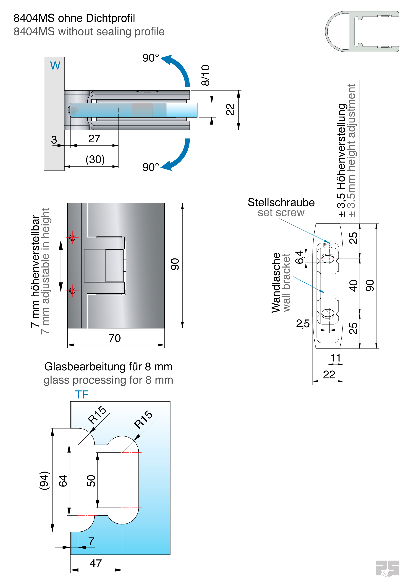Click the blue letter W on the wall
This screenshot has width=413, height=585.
pos(55,66)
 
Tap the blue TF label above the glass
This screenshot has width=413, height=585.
pos(82,395)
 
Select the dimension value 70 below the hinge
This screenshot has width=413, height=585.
pos(115,338)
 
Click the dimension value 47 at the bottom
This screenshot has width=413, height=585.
pos(96,563)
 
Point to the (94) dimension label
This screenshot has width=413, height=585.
pos(44,481)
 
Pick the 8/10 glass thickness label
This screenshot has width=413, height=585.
pos(205,75)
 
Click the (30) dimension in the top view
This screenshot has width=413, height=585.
pos(95,160)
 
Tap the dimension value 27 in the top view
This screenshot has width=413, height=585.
pos(94,139)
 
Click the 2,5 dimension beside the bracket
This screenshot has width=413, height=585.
pos(303,324)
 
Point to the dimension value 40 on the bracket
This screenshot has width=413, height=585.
pos(353,286)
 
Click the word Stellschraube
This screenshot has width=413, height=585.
pos(281,202)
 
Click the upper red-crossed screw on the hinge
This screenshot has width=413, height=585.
pos(72,238)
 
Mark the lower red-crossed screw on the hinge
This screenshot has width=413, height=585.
pos(72,290)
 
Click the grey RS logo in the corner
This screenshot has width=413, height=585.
pos(387,568)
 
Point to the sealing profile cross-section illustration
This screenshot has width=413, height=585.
pos(362,31)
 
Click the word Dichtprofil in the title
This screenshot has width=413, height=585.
pos(110,18)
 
